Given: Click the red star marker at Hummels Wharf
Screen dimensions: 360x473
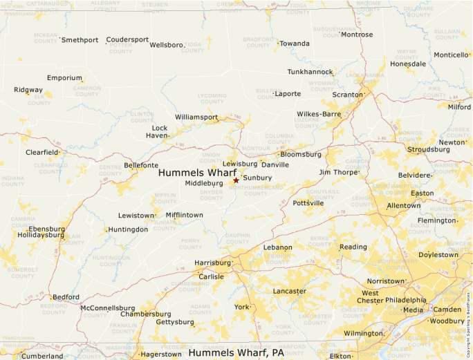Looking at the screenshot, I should (x=236, y=180).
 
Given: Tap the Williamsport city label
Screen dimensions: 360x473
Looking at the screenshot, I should (x=196, y=117).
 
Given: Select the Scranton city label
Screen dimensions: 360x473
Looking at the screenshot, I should (x=347, y=94).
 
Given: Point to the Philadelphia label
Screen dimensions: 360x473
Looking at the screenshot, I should (x=405, y=300).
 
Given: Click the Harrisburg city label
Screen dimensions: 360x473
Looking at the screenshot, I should (x=212, y=263).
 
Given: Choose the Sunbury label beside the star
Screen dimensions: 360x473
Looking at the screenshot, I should (x=257, y=178).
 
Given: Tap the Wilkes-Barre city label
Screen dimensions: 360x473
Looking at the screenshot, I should (x=319, y=113).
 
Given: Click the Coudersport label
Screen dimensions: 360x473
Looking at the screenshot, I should (x=127, y=39).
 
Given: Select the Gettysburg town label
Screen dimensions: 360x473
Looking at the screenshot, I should (x=175, y=322).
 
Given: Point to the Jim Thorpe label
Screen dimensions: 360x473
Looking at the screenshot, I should (x=337, y=171).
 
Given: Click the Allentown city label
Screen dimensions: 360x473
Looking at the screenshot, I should (x=403, y=205).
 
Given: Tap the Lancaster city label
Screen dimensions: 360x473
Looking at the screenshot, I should (x=289, y=291).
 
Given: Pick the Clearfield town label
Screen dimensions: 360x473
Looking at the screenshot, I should (x=41, y=151).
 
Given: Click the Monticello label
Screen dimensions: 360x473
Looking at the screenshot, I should (x=451, y=55).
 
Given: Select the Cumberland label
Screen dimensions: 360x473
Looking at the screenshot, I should (x=41, y=357).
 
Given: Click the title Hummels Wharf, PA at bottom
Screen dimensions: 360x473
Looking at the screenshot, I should (x=236, y=352).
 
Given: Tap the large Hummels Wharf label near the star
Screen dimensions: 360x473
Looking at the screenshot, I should (x=197, y=172).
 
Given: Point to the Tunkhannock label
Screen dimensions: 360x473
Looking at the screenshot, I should (x=310, y=71).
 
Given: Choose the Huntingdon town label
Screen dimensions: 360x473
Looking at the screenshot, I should (x=128, y=229).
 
